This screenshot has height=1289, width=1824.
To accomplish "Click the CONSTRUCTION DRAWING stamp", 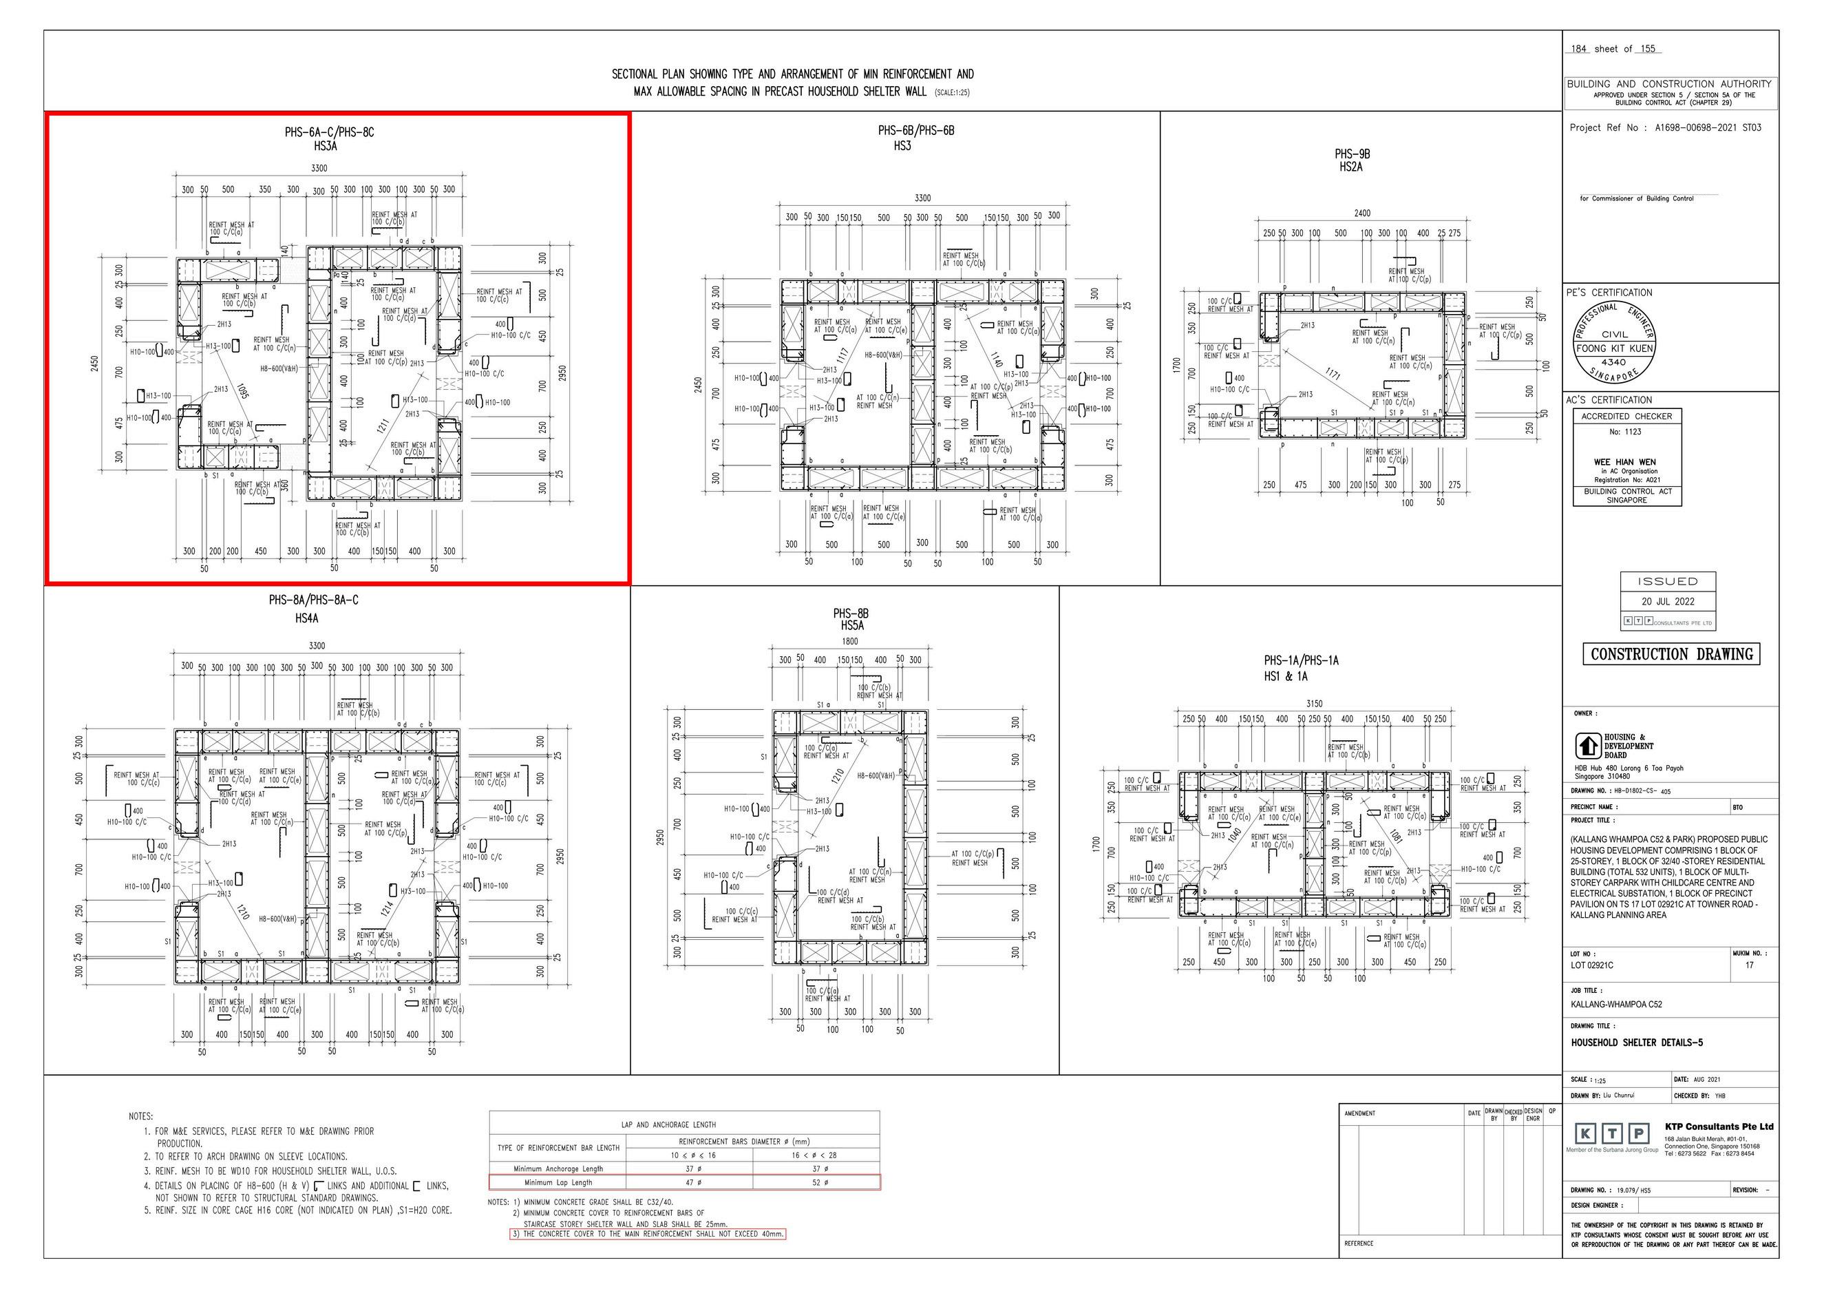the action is (1671, 654).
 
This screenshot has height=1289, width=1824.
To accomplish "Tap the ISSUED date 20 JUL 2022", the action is (1668, 602).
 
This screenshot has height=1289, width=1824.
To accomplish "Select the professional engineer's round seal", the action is (1615, 342).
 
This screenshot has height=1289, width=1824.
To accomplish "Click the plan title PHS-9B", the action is (1352, 154).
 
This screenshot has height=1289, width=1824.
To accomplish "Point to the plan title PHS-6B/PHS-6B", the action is (916, 131).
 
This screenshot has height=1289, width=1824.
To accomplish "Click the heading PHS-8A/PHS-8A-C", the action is (313, 600).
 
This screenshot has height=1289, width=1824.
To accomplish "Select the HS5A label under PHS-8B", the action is (851, 626).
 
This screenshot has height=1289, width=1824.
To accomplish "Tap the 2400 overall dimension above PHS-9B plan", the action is (1361, 213).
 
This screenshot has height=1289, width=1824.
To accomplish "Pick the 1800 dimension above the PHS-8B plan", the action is (849, 641).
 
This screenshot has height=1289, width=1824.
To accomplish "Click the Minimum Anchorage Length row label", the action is (558, 1169).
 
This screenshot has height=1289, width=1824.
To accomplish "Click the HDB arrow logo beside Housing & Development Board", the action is (1587, 746).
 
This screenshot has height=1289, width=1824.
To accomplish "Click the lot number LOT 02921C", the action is (1591, 965).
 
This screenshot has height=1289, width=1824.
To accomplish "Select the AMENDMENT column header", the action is (1359, 1113).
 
